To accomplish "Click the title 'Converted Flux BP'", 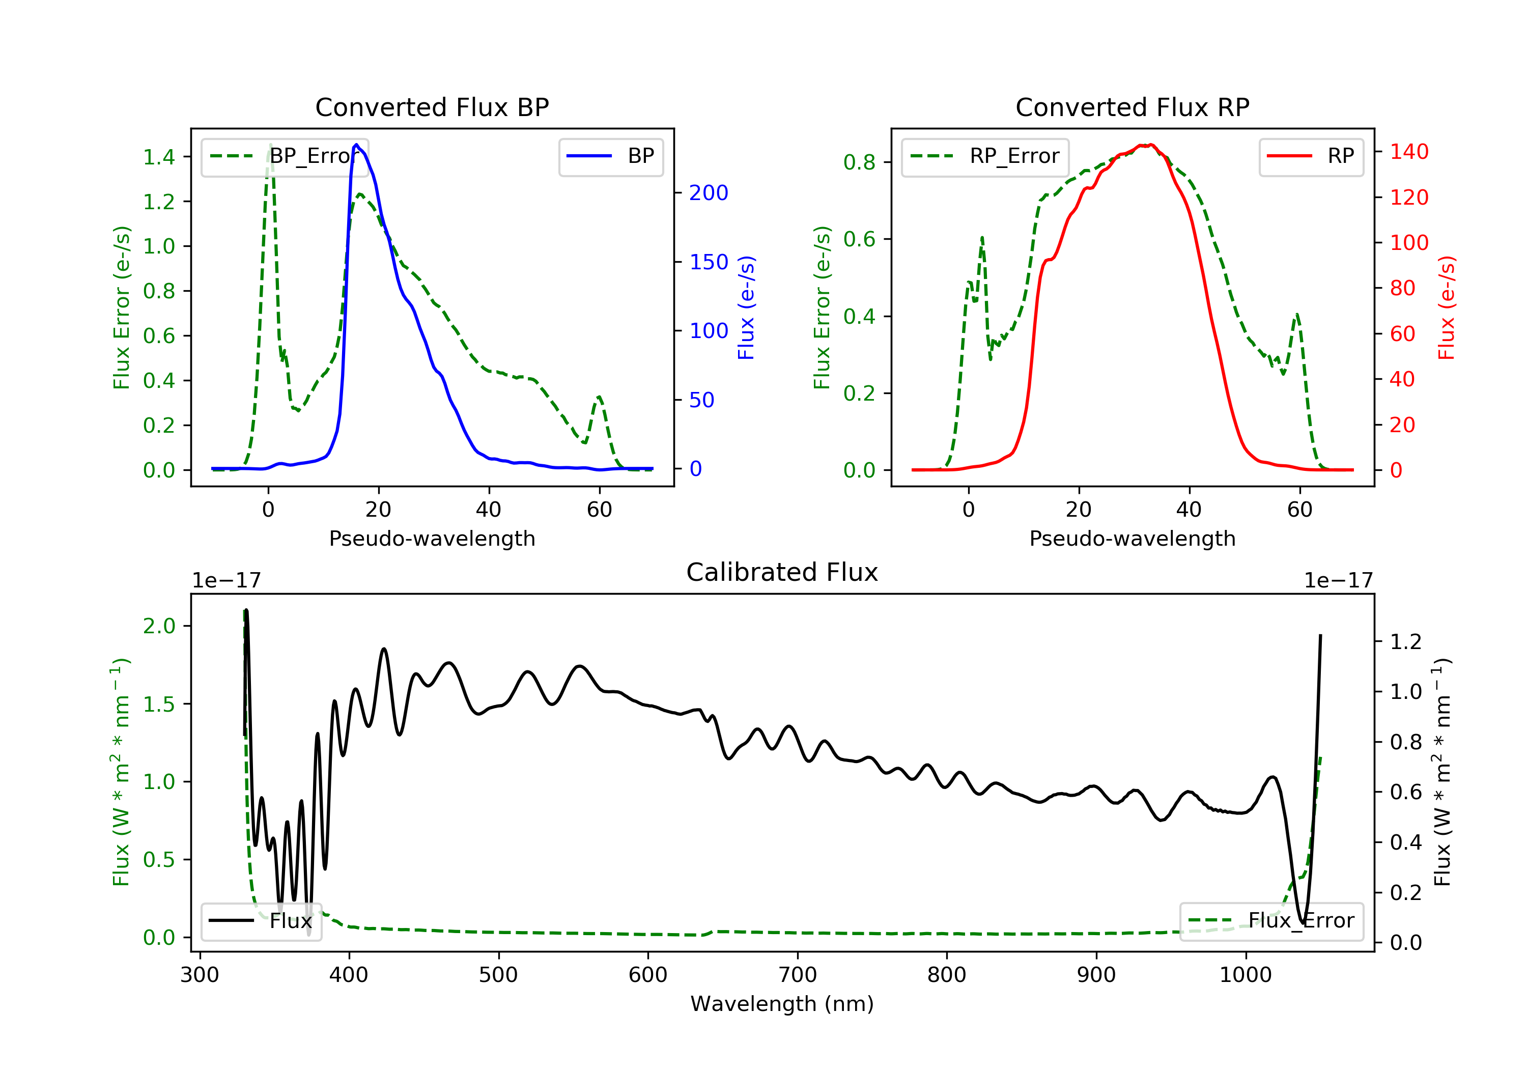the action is pos(432,107).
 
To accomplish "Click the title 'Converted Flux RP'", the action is pos(1132,107).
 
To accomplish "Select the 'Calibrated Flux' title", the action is pos(782,572).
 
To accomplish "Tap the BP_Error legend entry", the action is pos(285,156).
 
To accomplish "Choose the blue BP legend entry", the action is pos(610,156).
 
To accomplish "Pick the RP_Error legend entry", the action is pos(984,156).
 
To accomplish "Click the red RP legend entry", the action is pos(1311,156).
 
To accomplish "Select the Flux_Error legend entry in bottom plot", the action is pos(1271,921).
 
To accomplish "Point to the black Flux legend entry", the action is pos(261,921).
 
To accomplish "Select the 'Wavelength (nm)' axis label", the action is pos(782,1004).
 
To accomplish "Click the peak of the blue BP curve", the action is pos(356,145).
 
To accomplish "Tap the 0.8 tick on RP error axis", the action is pos(859,162).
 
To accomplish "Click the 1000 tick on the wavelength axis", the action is pos(1245,975).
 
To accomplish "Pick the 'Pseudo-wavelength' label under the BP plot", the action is pos(432,538).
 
